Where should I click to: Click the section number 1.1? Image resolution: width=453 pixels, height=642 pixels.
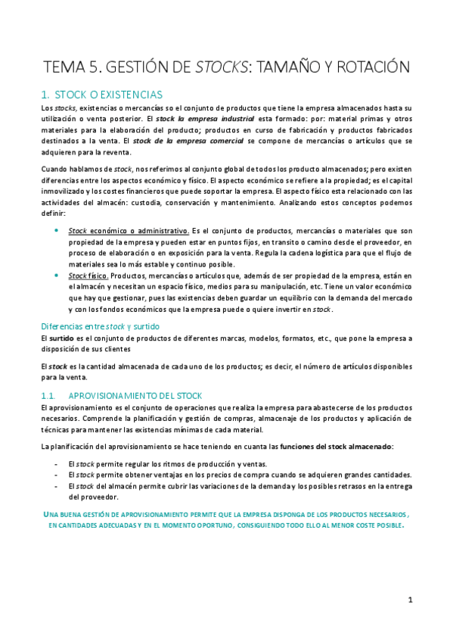coord(48,396)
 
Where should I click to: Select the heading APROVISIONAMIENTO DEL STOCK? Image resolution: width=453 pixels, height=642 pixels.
coord(135,396)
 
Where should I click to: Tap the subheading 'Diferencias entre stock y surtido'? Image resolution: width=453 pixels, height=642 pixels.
coord(100,326)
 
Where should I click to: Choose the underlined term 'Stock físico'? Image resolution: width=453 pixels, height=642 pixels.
coord(88,276)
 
